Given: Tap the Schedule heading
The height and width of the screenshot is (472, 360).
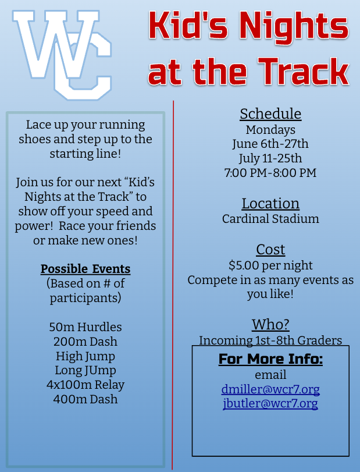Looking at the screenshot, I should pyautogui.click(x=270, y=113).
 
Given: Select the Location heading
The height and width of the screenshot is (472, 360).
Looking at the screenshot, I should pyautogui.click(x=270, y=203).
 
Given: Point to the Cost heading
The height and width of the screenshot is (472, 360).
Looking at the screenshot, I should pyautogui.click(x=270, y=250).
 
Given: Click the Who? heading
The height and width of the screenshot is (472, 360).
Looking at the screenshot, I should pyautogui.click(x=270, y=324).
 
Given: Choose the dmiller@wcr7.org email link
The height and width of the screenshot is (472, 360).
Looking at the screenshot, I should pyautogui.click(x=270, y=389).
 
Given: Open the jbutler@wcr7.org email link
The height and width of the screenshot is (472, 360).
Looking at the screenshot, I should pyautogui.click(x=270, y=403).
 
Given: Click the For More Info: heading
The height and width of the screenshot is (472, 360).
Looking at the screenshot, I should pyautogui.click(x=270, y=359).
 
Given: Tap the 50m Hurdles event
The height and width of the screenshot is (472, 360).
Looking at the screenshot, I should pyautogui.click(x=85, y=327).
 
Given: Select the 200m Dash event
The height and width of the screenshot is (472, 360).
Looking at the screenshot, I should pyautogui.click(x=85, y=341).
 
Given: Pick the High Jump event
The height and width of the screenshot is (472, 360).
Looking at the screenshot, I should pyautogui.click(x=85, y=356).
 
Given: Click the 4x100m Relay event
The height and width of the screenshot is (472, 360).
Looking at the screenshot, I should pyautogui.click(x=85, y=385).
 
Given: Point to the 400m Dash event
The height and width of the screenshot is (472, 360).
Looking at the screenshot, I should pyautogui.click(x=85, y=399).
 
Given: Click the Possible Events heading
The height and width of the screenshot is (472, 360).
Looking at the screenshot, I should pyautogui.click(x=85, y=269).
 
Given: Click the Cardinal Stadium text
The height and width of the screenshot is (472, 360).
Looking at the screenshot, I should pyautogui.click(x=270, y=219).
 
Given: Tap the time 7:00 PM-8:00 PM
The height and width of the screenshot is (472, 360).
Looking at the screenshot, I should pyautogui.click(x=270, y=172).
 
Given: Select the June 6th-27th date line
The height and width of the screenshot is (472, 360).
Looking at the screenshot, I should pyautogui.click(x=270, y=143).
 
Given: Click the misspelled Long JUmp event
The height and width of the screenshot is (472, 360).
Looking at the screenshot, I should pyautogui.click(x=85, y=370).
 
